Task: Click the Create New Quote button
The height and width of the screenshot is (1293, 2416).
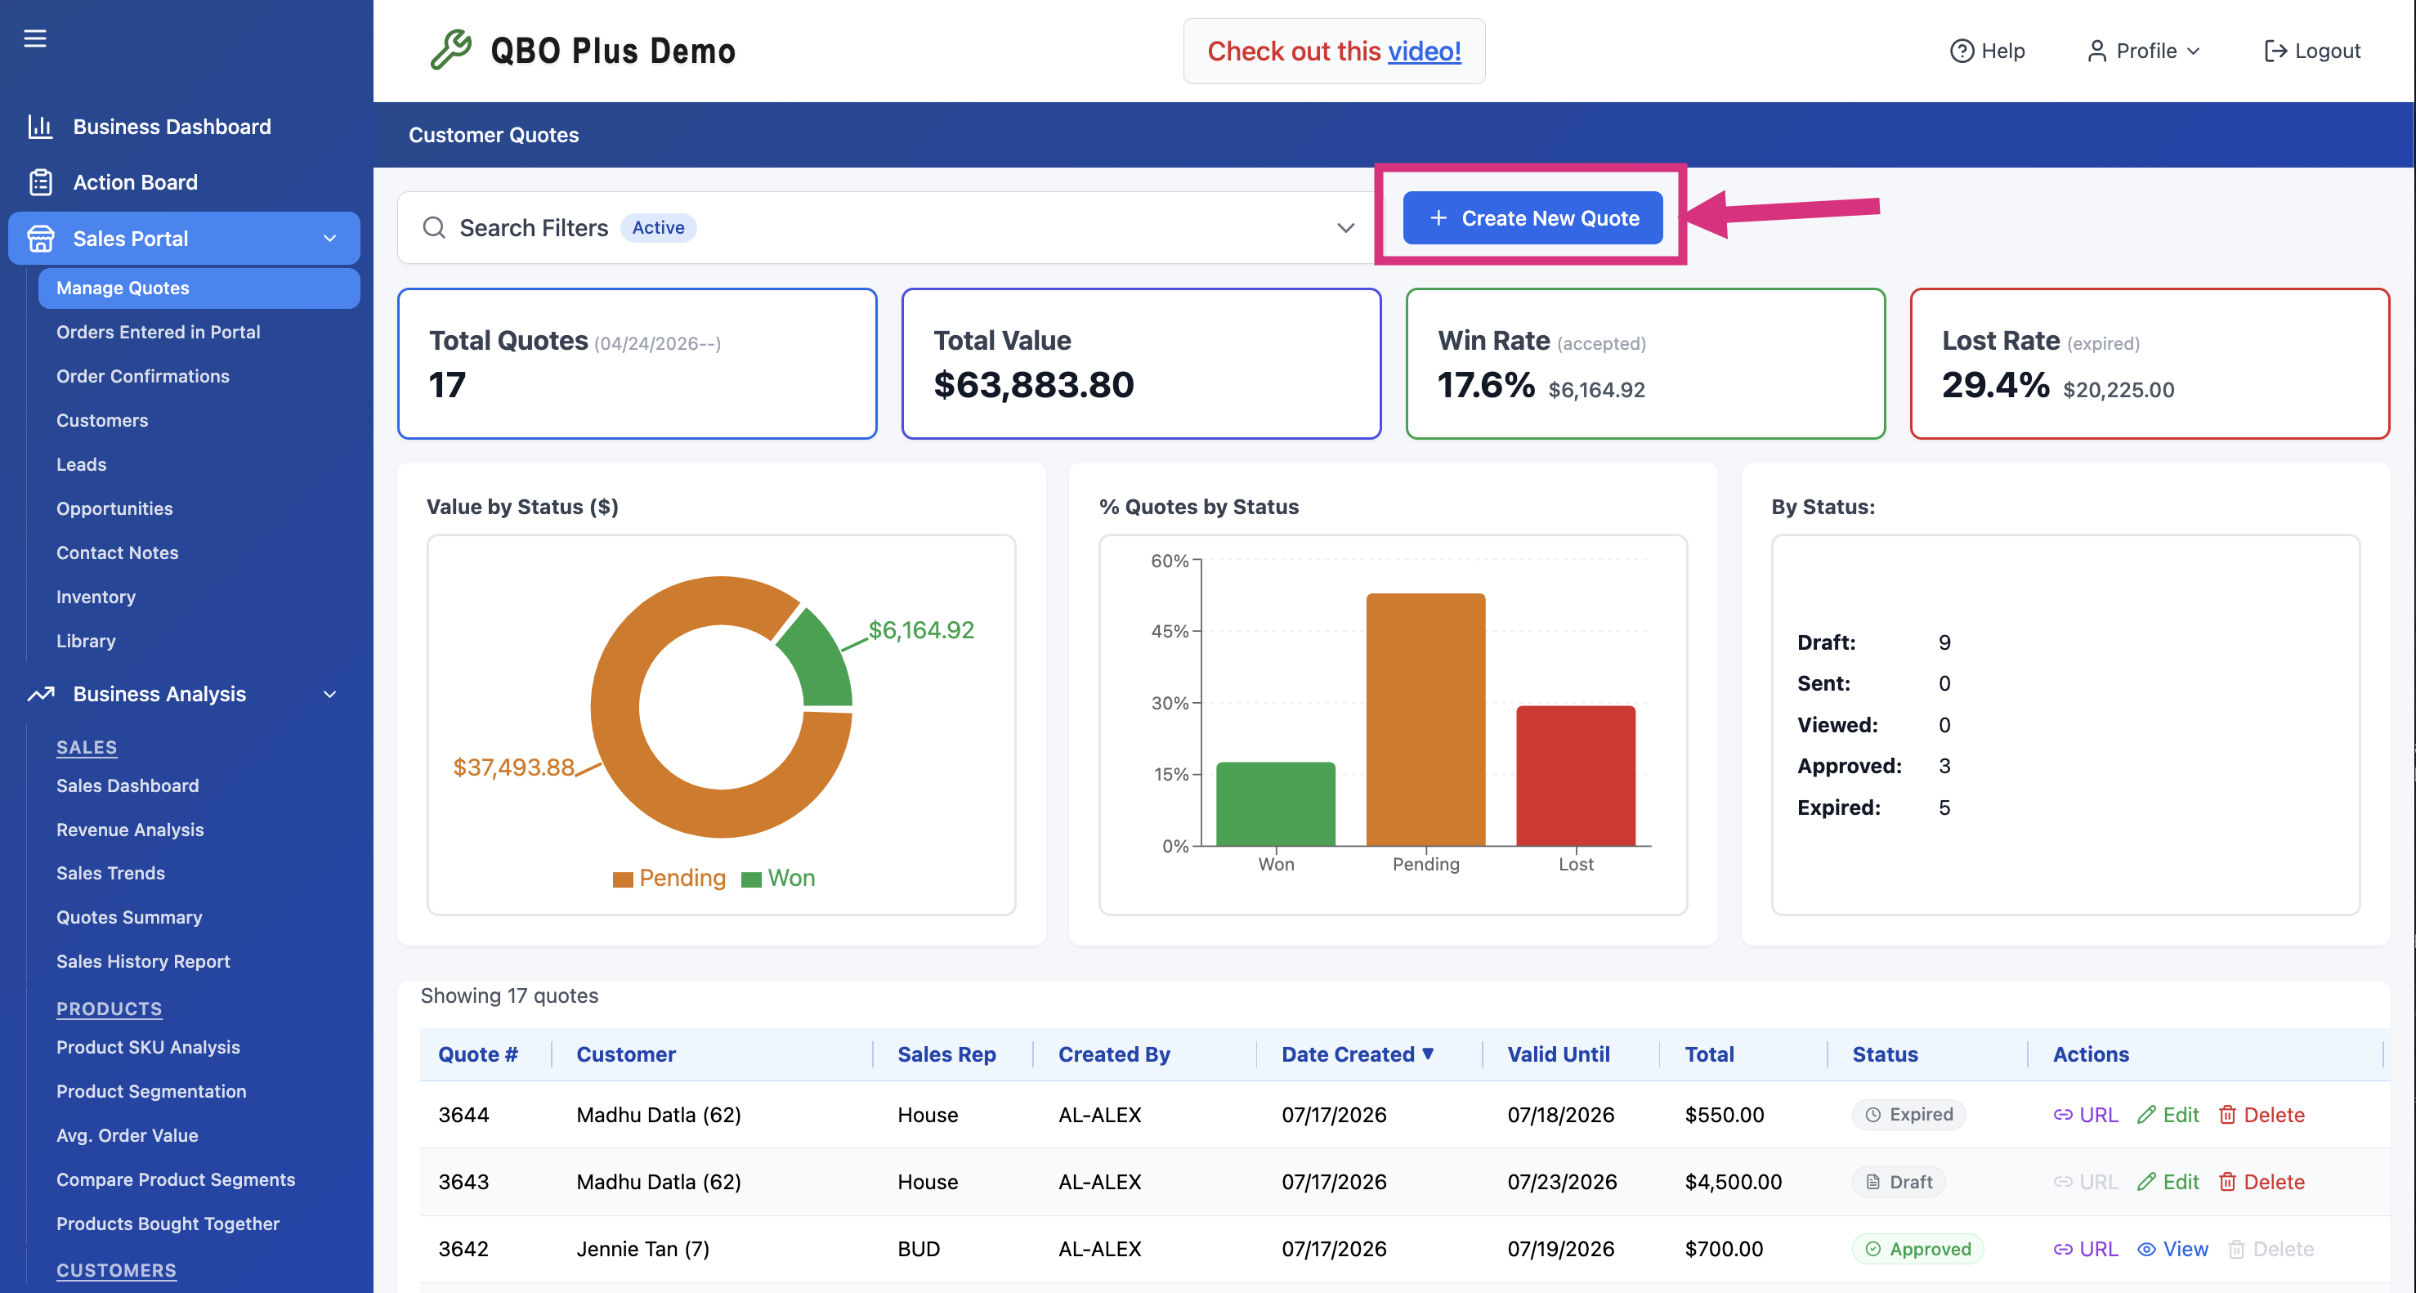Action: point(1532,217)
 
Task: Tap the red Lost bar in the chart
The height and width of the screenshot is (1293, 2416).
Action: point(1576,776)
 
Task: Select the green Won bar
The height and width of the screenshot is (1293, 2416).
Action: point(1276,803)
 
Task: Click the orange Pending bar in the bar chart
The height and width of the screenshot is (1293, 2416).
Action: point(1425,719)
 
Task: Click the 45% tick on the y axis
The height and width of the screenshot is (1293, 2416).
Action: point(1170,631)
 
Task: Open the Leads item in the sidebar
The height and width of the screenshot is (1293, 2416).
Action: point(82,464)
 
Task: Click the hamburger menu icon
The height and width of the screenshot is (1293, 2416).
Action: point(34,38)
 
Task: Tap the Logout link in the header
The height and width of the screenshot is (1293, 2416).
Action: point(2312,51)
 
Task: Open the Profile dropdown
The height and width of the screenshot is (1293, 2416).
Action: point(2143,51)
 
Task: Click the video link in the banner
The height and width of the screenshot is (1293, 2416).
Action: point(1425,51)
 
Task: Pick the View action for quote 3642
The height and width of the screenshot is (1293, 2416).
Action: point(2172,1249)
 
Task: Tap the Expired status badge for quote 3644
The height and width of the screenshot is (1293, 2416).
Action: point(1908,1114)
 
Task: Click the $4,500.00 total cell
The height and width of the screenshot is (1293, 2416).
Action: point(1734,1181)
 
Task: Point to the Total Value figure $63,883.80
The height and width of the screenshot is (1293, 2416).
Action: point(1034,384)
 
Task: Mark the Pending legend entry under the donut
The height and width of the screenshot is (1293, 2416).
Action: point(669,878)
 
